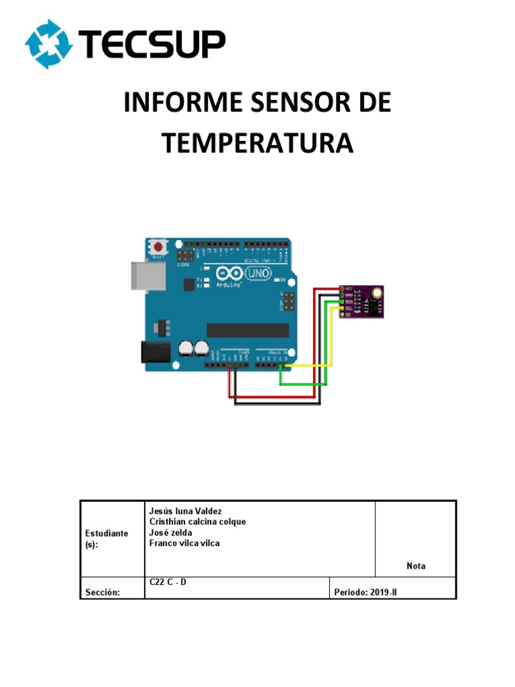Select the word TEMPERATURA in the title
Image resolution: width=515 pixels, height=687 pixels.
coord(257,144)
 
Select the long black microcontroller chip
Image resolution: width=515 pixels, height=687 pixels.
coord(247,330)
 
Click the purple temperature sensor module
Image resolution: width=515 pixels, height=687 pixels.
coord(362,301)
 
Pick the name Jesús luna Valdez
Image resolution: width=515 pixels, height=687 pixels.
coord(185,511)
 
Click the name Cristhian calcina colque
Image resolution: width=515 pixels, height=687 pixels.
coord(197,522)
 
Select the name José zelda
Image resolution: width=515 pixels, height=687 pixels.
coord(171,533)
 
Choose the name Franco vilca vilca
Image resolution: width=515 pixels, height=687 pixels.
coord(184,543)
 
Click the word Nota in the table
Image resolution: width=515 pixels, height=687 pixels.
coord(416,566)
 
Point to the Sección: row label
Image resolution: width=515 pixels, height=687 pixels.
coord(103,592)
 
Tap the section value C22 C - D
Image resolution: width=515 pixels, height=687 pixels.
coord(168,582)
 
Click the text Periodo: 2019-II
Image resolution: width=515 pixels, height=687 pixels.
coord(365,592)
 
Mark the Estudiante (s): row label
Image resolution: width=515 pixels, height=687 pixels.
coord(107,539)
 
